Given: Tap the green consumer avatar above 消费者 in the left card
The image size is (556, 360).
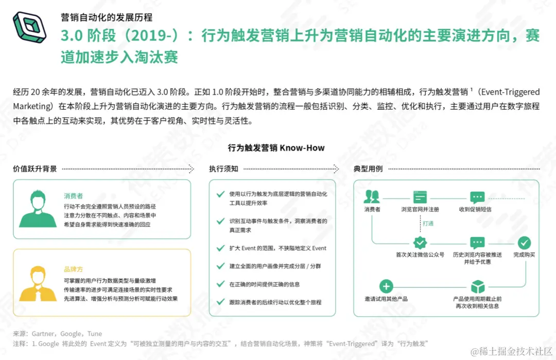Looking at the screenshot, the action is tap(37, 209).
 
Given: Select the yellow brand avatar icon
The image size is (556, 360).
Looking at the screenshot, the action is tap(37, 283).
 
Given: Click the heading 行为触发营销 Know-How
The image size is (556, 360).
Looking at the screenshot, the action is tap(276, 148).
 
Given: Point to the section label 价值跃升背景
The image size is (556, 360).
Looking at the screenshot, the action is tap(35, 169).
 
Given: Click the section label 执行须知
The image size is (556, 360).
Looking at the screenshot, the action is tap(223, 169).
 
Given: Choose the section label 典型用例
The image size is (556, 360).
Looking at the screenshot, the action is tap(368, 169).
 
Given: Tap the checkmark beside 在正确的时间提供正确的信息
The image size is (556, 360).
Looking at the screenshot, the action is tap(220, 284).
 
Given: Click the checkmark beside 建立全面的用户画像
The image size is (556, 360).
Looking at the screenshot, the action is tap(220, 266).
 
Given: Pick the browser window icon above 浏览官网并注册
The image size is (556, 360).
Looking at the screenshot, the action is tap(420, 197).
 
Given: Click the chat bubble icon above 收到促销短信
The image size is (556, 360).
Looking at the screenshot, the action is tap(477, 197).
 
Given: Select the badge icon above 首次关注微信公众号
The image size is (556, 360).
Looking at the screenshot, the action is tap(420, 243).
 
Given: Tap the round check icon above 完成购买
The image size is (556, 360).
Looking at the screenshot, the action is tap(524, 243).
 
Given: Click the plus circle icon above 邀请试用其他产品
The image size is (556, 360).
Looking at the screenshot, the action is tap(386, 286).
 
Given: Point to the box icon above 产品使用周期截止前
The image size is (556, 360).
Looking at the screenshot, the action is tap(478, 286).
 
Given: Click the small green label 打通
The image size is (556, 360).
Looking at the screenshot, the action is tap(428, 224).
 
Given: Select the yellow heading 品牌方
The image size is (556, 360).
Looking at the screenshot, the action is tap(73, 269).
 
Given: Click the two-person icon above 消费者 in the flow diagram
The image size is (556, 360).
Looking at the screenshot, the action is tap(372, 197).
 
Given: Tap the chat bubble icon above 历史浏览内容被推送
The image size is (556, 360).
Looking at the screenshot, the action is tap(477, 243).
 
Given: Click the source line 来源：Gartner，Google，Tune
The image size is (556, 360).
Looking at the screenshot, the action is tap(58, 334).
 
